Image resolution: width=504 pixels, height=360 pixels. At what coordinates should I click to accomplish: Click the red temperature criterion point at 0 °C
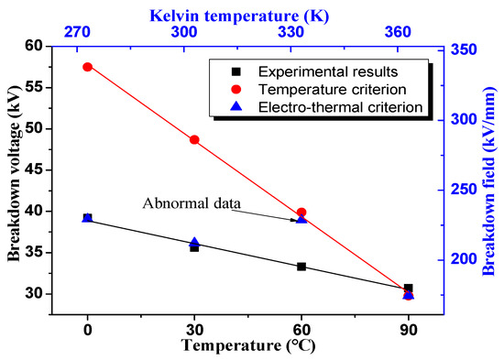click(x=87, y=67)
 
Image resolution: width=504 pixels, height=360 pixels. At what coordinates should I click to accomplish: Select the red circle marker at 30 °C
click(x=194, y=140)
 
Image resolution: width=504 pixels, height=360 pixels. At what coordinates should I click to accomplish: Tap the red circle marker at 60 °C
click(x=301, y=213)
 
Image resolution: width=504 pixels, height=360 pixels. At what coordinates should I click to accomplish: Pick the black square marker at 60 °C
click(x=301, y=267)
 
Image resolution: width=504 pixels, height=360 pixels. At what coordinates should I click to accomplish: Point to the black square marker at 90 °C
click(x=409, y=288)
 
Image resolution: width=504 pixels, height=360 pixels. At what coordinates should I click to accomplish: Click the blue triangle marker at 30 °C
click(x=194, y=243)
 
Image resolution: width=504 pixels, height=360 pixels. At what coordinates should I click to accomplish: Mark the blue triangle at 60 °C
click(x=301, y=219)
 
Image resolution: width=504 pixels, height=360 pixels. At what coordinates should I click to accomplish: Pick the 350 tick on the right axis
click(x=463, y=49)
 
